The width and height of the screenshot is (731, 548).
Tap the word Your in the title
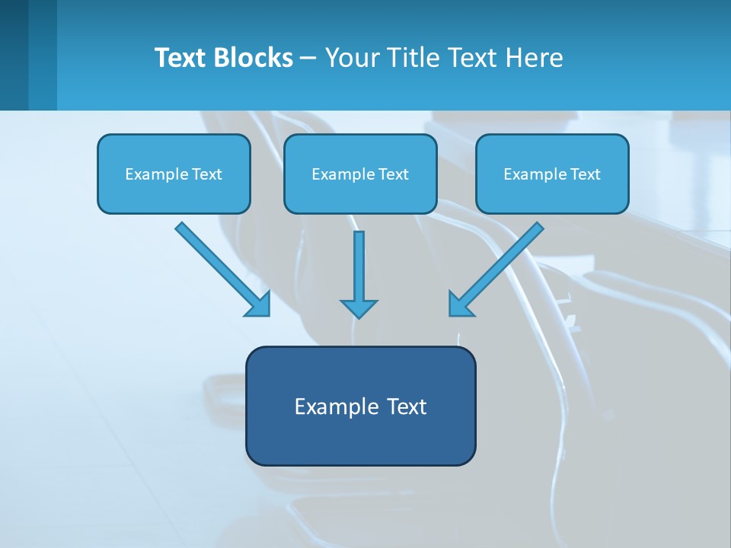353,58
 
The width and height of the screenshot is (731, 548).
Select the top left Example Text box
174,174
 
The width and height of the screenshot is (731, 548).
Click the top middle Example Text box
360,174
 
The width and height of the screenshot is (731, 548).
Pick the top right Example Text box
552,174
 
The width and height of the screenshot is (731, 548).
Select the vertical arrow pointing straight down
359,266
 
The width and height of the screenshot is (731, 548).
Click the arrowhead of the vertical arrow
359,308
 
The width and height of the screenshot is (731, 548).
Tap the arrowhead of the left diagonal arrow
259,304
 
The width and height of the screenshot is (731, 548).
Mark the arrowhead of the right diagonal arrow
460,304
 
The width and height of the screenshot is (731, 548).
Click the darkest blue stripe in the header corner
14,55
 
